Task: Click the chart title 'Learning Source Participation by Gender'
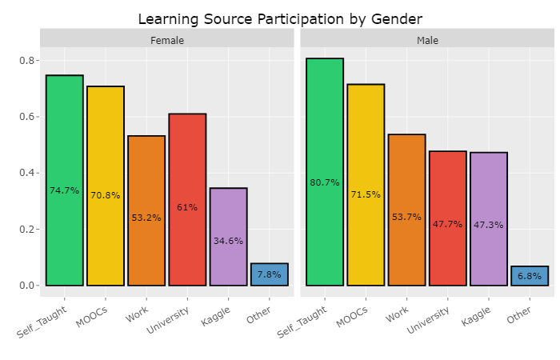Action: [x=279, y=18]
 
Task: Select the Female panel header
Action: [x=166, y=40]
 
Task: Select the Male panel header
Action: [x=427, y=40]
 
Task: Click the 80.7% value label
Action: [x=325, y=183]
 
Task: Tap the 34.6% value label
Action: [x=228, y=241]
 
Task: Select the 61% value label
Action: [x=187, y=207]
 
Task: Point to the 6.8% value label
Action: [x=530, y=276]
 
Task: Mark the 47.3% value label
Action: [x=489, y=225]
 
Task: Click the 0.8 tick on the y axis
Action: [x=26, y=61]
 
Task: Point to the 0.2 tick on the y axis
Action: [x=26, y=230]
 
